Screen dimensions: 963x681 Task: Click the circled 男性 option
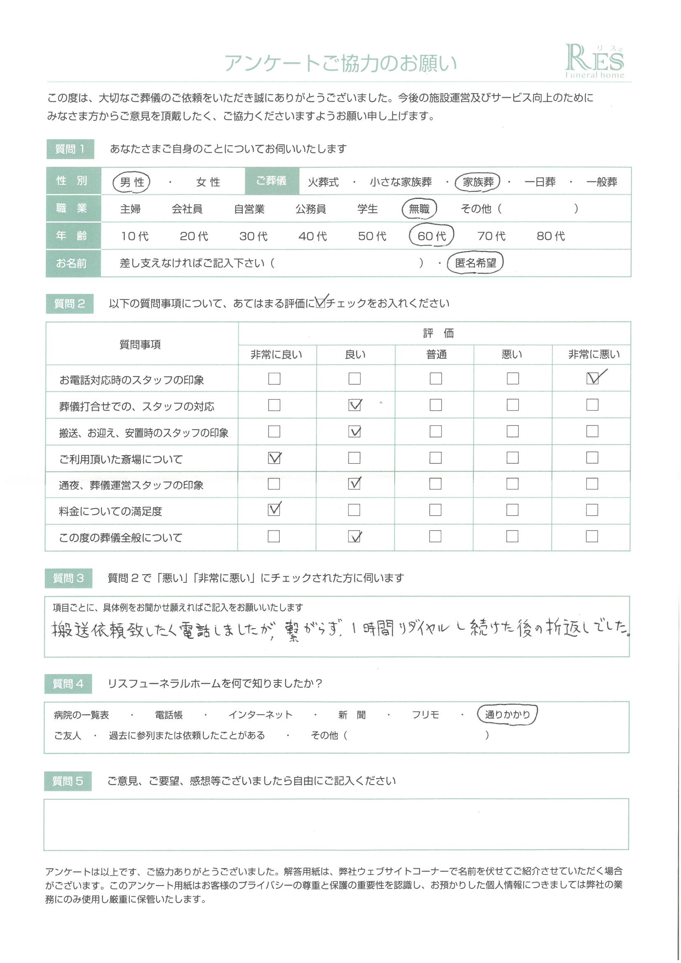point(132,182)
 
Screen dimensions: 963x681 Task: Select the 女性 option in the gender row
point(208,182)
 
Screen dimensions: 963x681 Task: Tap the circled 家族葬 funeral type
point(478,182)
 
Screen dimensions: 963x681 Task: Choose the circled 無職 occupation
point(419,209)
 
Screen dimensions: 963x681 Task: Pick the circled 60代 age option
point(431,236)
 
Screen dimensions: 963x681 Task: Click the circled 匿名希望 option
point(475,263)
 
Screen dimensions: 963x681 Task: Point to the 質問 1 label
point(70,149)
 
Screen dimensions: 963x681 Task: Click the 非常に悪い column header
point(593,355)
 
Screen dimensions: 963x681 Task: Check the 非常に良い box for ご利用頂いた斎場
point(274,458)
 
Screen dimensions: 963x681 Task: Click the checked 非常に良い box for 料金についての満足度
point(274,510)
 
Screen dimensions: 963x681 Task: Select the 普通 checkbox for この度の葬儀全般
point(435,536)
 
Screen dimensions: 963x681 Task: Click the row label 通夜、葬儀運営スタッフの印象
point(131,485)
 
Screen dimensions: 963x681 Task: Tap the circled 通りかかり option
point(507,714)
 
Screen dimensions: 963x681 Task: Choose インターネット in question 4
point(260,715)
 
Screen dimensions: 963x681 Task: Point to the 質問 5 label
point(68,781)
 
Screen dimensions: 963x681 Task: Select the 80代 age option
point(550,236)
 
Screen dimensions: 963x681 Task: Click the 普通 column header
point(436,355)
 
